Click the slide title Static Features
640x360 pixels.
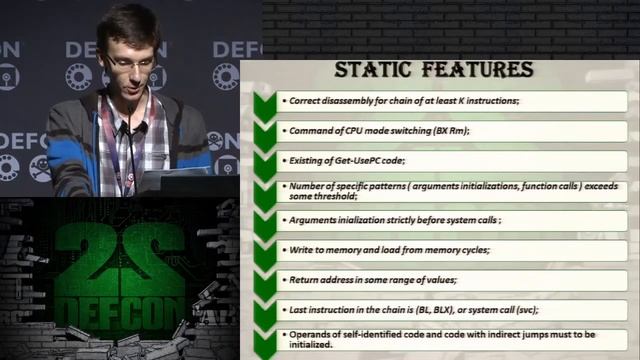(433, 70)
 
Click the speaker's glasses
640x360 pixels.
(130, 61)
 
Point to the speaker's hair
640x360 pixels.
(126, 24)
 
